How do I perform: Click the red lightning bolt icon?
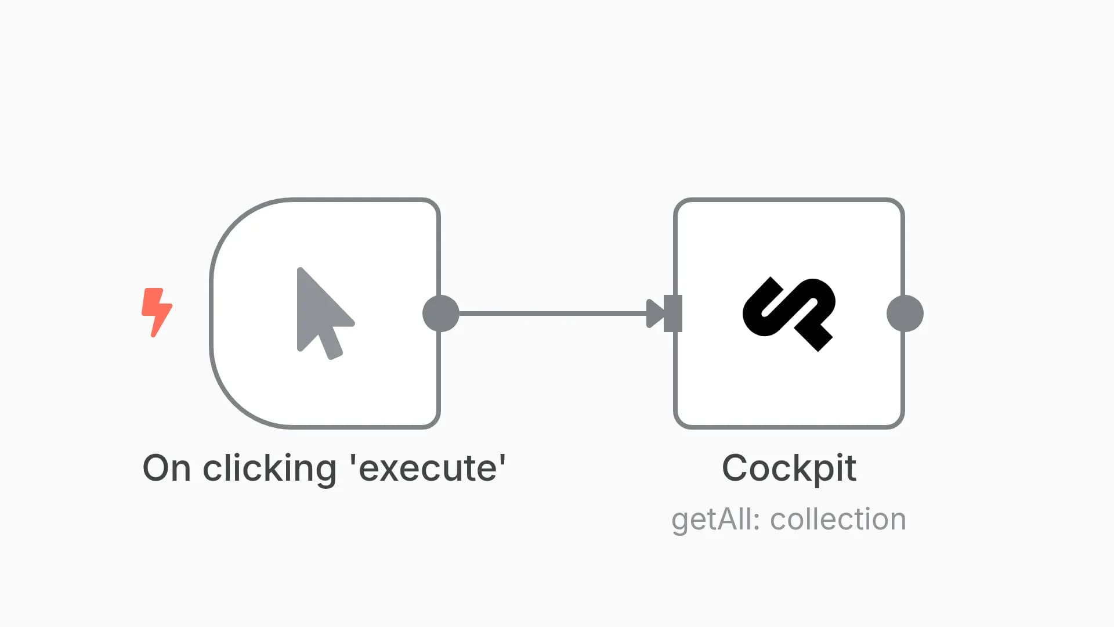(157, 312)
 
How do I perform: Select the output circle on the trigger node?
(441, 313)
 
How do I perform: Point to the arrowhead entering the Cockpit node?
(655, 313)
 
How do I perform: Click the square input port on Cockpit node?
(673, 313)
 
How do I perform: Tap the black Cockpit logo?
(789, 314)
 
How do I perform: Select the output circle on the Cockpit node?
(905, 313)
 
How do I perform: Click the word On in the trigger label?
(167, 468)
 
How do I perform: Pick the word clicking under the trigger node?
(269, 469)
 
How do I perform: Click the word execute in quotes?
(428, 469)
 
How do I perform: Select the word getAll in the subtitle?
(711, 520)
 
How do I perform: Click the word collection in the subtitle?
(838, 519)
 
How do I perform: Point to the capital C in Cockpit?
(736, 468)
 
